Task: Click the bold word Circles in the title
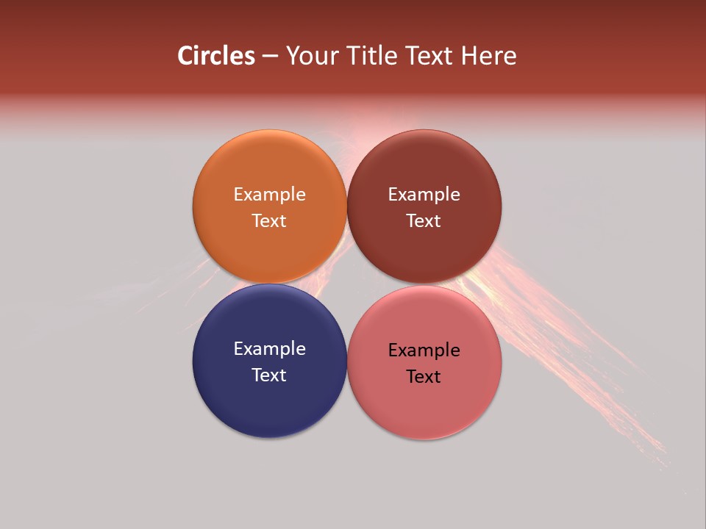pyautogui.click(x=216, y=56)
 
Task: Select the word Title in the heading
pyautogui.click(x=373, y=56)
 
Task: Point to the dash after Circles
pyautogui.click(x=270, y=57)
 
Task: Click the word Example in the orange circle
pyautogui.click(x=269, y=195)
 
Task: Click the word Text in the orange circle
pyautogui.click(x=269, y=220)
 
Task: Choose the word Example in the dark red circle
pyautogui.click(x=424, y=195)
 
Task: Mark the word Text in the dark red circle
pyautogui.click(x=424, y=220)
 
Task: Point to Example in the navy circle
pyautogui.click(x=269, y=349)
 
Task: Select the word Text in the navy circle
pyautogui.click(x=269, y=375)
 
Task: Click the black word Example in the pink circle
pyautogui.click(x=424, y=350)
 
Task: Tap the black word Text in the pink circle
pyautogui.click(x=424, y=376)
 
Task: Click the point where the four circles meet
pyautogui.click(x=347, y=284)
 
